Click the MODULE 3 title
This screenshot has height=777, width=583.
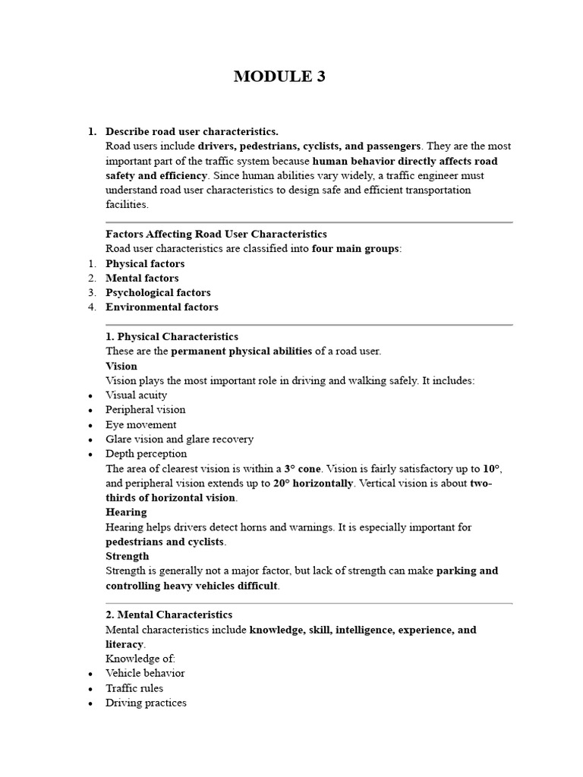click(x=279, y=76)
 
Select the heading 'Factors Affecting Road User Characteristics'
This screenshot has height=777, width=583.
click(x=216, y=234)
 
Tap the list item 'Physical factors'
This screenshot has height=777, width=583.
click(x=145, y=263)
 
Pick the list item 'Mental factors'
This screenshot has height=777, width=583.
click(x=142, y=278)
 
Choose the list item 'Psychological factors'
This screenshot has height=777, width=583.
click(x=158, y=292)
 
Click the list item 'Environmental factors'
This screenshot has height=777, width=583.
click(x=162, y=307)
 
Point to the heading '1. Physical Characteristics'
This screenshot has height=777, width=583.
click(x=172, y=336)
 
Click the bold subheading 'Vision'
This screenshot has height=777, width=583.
click(x=121, y=366)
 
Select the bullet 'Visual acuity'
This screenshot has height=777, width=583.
click(x=137, y=395)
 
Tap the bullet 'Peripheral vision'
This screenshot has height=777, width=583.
click(x=146, y=409)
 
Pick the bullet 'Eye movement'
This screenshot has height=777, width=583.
click(x=141, y=424)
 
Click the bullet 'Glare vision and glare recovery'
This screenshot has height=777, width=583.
click(x=179, y=439)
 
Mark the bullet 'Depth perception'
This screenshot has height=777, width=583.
click(x=146, y=453)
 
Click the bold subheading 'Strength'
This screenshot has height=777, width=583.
click(x=127, y=556)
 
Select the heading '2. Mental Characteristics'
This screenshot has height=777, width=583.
click(x=169, y=615)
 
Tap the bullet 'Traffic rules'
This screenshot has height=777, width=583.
click(x=134, y=688)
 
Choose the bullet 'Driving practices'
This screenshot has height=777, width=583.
click(x=146, y=703)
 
